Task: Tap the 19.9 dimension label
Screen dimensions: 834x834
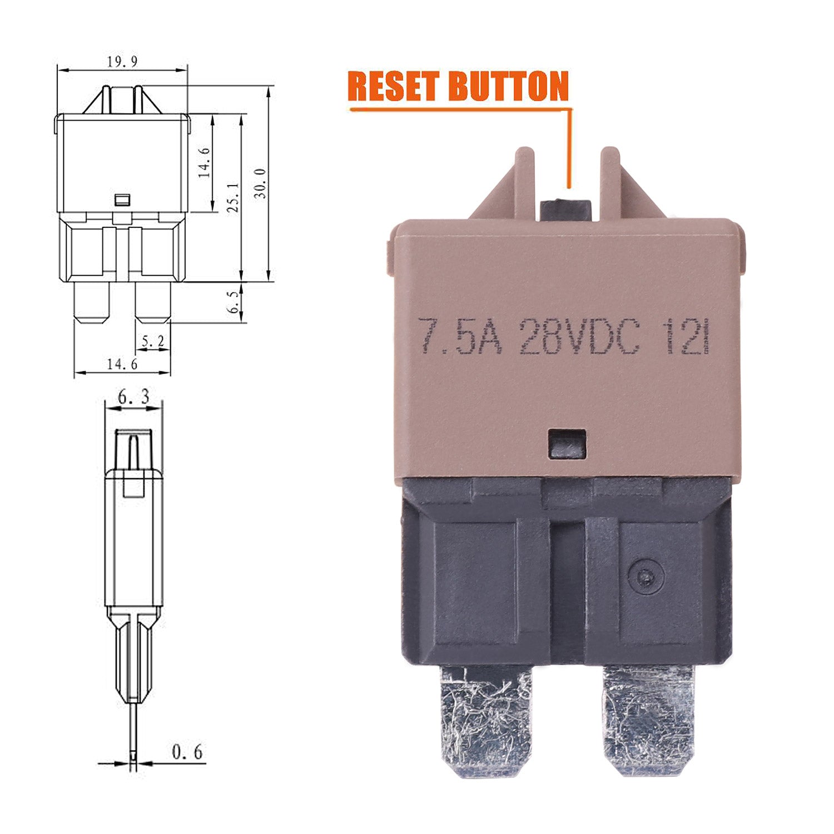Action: (122, 61)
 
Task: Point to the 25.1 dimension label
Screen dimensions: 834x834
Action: (233, 197)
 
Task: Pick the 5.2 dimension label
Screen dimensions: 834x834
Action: (152, 341)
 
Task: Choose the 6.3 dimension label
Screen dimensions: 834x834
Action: (133, 397)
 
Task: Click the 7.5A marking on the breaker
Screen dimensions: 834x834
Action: (460, 336)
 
